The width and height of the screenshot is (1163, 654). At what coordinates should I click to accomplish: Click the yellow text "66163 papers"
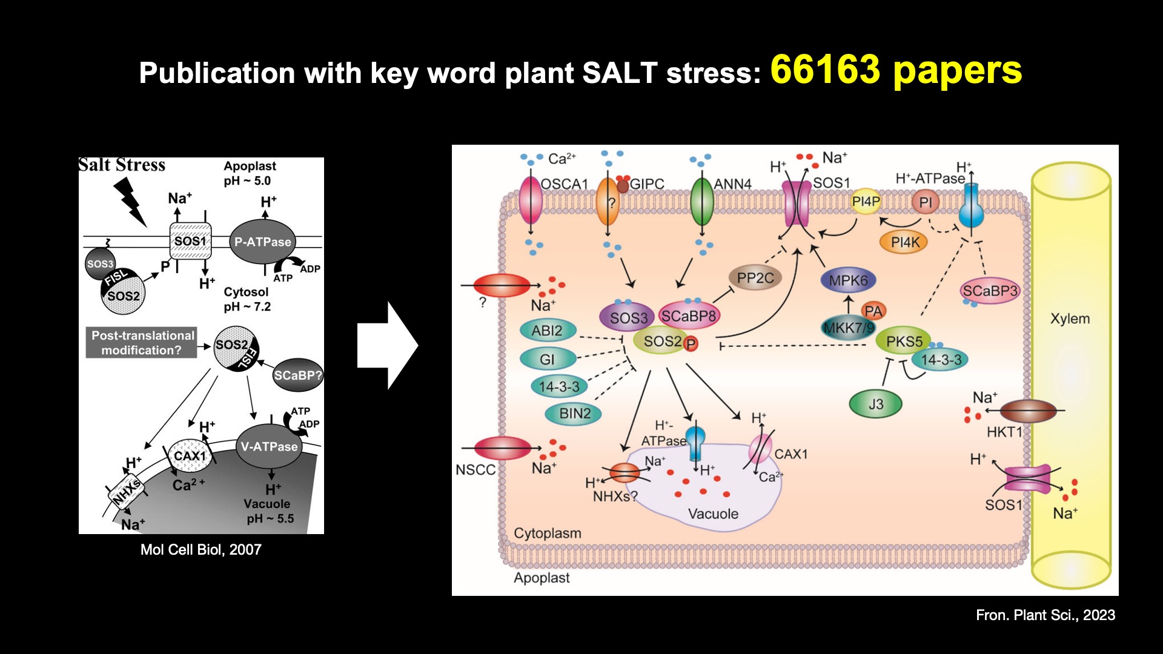(x=896, y=70)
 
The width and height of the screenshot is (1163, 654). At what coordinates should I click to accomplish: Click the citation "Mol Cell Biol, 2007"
(x=200, y=550)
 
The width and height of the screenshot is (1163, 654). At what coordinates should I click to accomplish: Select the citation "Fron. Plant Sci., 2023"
(x=1045, y=615)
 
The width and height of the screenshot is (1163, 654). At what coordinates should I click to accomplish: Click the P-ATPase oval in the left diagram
(x=262, y=242)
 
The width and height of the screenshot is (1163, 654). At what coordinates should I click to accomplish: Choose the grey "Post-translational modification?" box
(x=142, y=343)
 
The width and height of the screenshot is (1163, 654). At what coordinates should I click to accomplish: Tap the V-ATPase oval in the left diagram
(x=269, y=447)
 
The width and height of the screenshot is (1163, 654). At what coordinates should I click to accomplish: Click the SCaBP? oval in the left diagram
(x=297, y=375)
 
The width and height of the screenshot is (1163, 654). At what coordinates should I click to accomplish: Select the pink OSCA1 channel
(x=531, y=200)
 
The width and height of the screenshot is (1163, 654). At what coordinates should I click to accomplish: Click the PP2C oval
(x=755, y=278)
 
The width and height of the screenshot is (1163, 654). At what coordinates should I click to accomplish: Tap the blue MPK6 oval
(x=848, y=280)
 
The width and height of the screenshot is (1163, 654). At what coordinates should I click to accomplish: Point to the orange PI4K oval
(x=905, y=242)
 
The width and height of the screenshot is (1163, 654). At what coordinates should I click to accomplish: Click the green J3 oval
(x=875, y=405)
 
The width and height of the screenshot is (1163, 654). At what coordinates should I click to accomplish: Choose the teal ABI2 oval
(x=546, y=331)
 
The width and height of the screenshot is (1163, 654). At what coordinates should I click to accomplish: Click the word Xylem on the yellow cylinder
(x=1070, y=319)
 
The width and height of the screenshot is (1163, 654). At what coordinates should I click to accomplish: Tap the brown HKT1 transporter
(x=1028, y=411)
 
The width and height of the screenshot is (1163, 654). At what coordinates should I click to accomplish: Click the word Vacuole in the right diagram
(x=713, y=514)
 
